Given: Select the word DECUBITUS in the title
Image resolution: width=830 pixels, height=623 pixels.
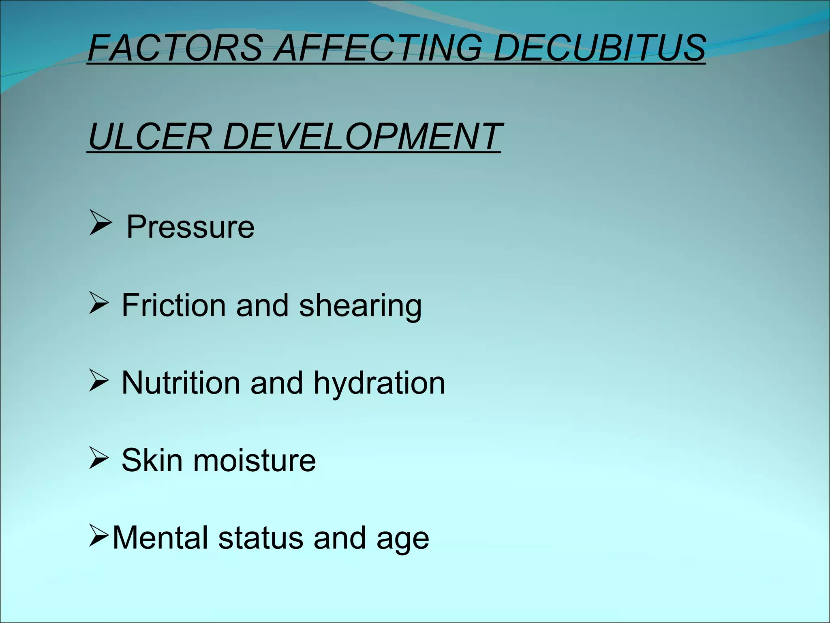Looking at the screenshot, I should [599, 48].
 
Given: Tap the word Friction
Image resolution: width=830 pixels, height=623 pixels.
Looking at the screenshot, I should [173, 305].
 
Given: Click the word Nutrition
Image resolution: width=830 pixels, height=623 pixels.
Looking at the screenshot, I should [181, 382].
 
